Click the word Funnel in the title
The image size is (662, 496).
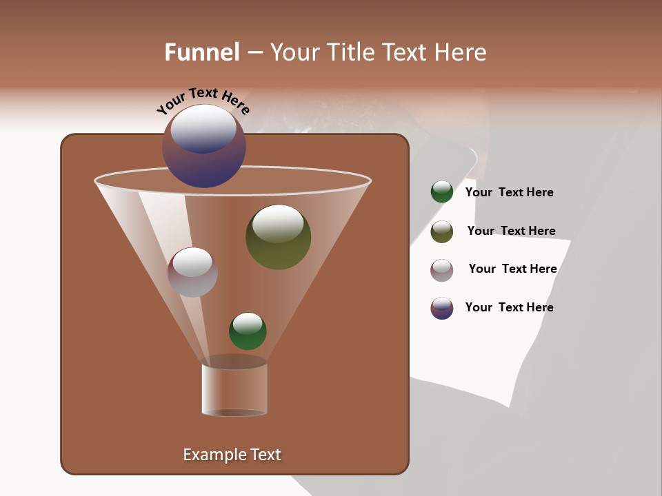202,52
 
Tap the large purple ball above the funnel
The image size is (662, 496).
204,146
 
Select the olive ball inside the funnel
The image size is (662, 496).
278,238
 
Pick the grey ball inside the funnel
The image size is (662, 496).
192,273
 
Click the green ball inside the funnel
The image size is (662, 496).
248,331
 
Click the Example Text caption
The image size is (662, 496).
232,455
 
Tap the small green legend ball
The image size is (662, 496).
441,192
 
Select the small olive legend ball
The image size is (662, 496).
441,231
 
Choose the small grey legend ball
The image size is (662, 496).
441,270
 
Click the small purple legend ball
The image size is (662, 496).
441,308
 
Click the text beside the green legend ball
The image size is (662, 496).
509,192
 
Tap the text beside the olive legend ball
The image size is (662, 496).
511,231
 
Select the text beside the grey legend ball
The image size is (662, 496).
512,269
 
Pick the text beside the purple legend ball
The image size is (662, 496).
509,307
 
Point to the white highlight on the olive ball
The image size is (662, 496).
278,223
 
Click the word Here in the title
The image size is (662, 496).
458,52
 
